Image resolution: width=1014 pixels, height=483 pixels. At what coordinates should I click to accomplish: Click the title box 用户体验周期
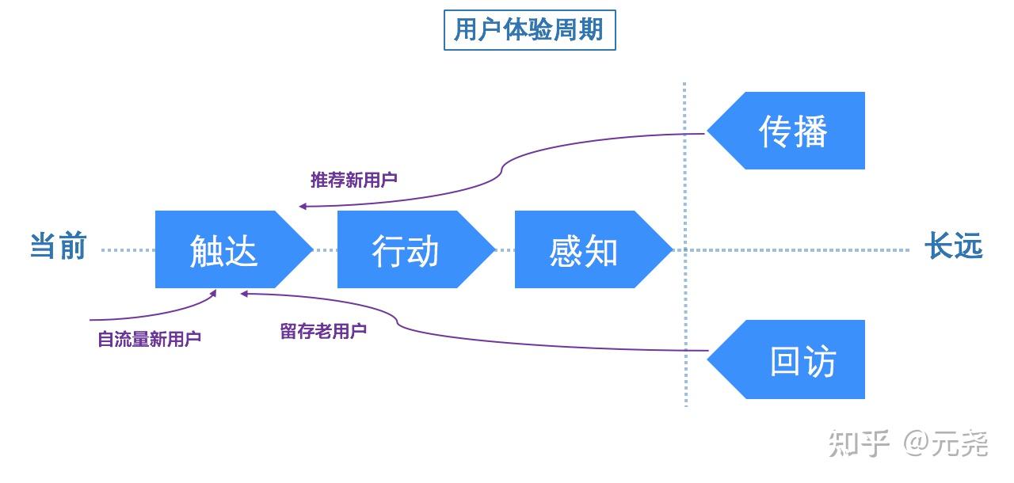point(529,31)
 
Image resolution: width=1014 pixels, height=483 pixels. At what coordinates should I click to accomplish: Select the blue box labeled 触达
point(224,250)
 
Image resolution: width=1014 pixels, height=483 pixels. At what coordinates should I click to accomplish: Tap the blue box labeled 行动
point(406,250)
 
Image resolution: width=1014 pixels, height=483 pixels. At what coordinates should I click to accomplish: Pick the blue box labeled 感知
point(584,250)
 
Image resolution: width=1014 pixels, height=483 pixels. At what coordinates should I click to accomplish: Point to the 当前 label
point(58,246)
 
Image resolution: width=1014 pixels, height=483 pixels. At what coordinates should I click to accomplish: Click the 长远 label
point(953,247)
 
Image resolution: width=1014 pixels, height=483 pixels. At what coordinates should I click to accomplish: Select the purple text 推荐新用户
point(353,180)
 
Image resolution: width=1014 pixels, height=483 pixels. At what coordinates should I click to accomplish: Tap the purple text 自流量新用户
point(149,339)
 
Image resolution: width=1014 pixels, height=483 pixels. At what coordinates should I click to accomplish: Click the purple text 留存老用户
point(323,331)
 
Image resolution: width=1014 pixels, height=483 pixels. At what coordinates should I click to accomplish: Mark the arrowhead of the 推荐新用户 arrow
point(303,207)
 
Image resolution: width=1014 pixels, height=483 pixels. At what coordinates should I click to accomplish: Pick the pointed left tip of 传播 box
point(709,131)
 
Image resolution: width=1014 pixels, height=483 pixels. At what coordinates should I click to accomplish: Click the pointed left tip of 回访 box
point(709,360)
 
